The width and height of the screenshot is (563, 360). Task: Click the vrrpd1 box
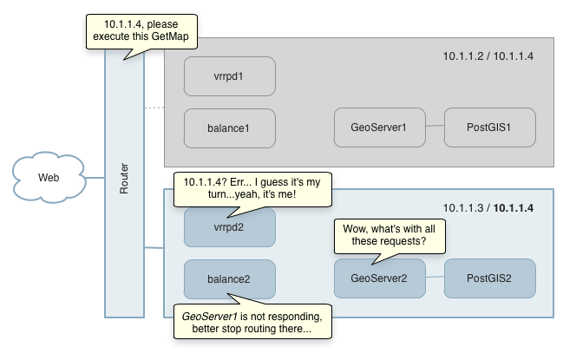click(229, 76)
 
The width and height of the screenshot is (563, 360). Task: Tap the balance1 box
click(229, 128)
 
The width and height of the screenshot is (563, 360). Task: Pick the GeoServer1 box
click(379, 128)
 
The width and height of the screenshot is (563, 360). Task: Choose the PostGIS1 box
click(489, 128)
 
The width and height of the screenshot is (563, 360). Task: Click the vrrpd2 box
click(229, 228)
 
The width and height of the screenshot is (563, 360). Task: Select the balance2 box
click(229, 278)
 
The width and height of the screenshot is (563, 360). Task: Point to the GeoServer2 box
click(379, 278)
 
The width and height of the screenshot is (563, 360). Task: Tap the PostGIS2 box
click(489, 278)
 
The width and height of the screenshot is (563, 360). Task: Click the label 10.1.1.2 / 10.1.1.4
click(488, 57)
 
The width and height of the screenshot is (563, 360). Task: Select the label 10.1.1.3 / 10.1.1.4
click(488, 208)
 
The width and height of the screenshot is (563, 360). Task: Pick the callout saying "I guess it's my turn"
click(252, 190)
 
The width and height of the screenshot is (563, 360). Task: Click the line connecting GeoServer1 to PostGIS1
click(434, 128)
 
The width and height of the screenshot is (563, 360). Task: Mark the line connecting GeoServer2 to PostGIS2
click(434, 278)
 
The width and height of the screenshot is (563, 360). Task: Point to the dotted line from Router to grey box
click(154, 108)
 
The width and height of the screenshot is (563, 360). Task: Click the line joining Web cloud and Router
click(95, 179)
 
